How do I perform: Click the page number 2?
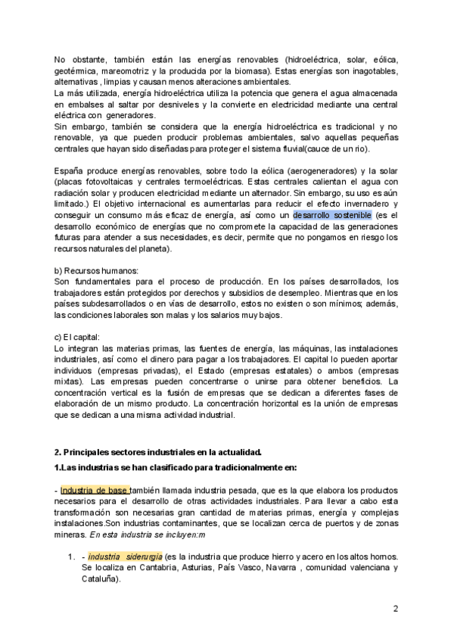click(396, 608)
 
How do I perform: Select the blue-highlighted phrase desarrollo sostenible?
click(331, 214)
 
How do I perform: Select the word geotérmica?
click(78, 70)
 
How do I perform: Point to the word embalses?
click(86, 104)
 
